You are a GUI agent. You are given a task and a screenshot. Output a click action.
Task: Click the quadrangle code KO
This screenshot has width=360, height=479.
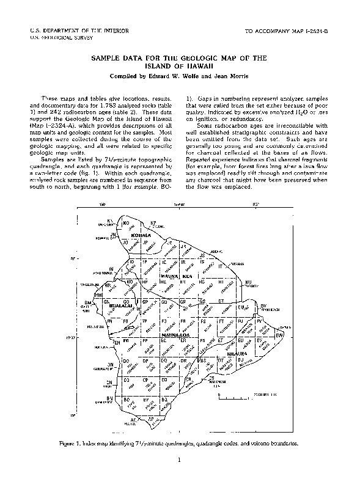(126, 224)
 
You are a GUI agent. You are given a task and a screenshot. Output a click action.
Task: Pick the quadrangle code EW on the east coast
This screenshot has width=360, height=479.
(279, 335)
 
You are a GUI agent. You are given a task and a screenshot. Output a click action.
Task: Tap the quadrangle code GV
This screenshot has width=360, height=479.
(264, 305)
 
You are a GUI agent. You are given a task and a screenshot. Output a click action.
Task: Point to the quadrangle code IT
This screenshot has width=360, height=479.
(219, 266)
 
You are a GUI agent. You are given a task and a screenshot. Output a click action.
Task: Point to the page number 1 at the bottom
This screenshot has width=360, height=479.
(180, 460)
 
